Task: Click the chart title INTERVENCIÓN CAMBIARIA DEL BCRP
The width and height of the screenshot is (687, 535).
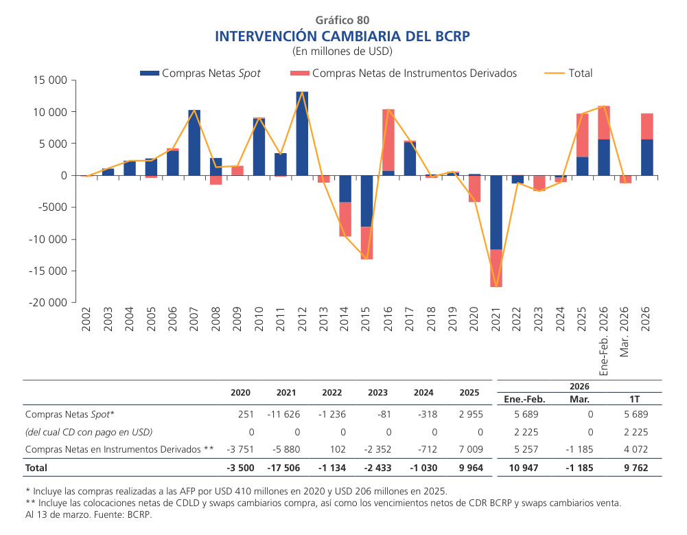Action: pyautogui.click(x=342, y=36)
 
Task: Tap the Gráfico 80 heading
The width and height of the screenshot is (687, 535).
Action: pyautogui.click(x=342, y=20)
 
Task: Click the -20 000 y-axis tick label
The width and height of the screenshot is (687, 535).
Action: pyautogui.click(x=47, y=303)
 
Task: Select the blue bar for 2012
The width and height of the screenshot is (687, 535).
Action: pyautogui.click(x=302, y=133)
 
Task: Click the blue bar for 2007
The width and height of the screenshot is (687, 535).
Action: pyautogui.click(x=194, y=142)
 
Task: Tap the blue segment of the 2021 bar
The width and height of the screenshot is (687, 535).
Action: pyautogui.click(x=496, y=212)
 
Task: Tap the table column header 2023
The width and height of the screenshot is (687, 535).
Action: pyautogui.click(x=377, y=394)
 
